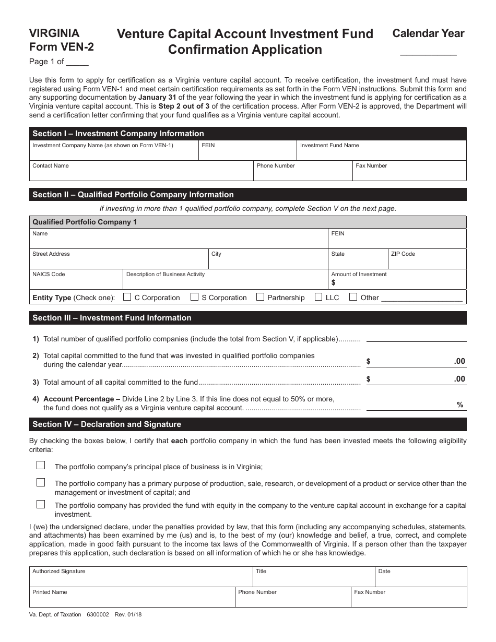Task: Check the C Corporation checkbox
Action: click(127, 298)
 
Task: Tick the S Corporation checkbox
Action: click(194, 298)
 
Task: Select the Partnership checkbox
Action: click(260, 298)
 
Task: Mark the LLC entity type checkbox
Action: click(318, 298)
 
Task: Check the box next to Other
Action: click(353, 298)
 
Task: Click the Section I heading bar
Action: click(247, 134)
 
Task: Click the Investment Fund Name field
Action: click(382, 152)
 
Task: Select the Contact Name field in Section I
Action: click(141, 173)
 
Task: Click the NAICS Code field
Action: click(76, 282)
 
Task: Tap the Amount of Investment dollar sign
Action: click(334, 283)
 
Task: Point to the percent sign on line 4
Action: click(460, 405)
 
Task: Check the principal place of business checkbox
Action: click(41, 466)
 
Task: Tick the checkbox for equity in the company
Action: click(41, 505)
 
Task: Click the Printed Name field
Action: click(132, 600)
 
